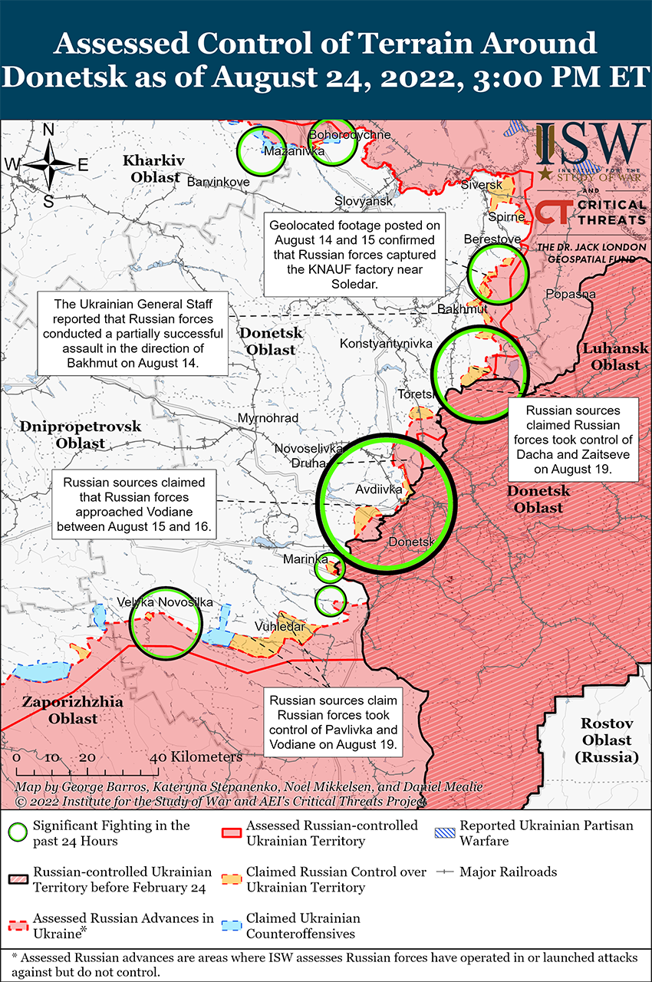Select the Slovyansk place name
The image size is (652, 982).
pyautogui.click(x=364, y=201)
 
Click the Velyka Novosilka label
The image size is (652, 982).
pyautogui.click(x=165, y=603)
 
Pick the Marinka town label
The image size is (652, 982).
pyautogui.click(x=305, y=559)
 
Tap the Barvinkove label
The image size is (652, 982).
pyautogui.click(x=219, y=183)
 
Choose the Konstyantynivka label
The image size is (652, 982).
pyautogui.click(x=386, y=344)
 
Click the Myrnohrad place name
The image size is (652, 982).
pyautogui.click(x=268, y=418)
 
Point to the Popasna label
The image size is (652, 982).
pyautogui.click(x=570, y=294)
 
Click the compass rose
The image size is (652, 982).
pyautogui.click(x=48, y=163)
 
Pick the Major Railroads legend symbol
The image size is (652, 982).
pyautogui.click(x=444, y=872)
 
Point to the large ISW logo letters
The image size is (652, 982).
pyautogui.click(x=590, y=143)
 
